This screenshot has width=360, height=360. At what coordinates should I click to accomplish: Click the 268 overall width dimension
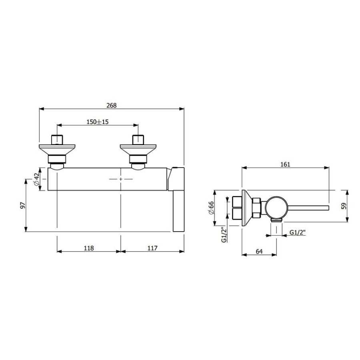click(112, 105)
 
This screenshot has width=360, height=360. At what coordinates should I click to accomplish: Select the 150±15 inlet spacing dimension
click(97, 122)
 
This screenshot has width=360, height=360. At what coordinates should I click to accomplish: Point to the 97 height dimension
click(22, 205)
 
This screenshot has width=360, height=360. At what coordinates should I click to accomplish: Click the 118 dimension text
click(89, 248)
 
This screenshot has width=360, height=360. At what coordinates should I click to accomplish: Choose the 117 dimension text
click(152, 248)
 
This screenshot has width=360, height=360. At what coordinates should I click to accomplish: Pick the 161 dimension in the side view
click(285, 164)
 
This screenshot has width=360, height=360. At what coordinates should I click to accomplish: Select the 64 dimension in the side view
click(259, 252)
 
